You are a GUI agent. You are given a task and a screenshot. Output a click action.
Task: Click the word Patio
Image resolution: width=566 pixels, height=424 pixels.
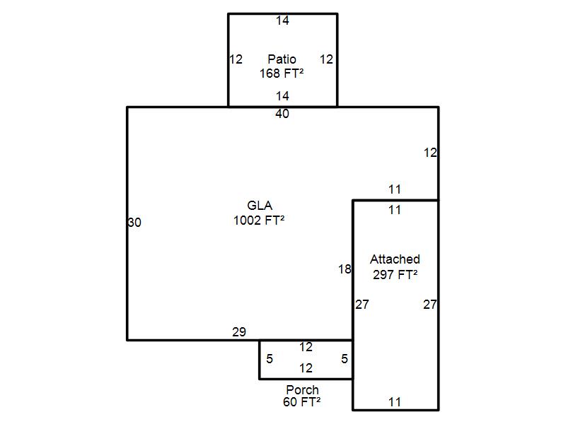(282, 59)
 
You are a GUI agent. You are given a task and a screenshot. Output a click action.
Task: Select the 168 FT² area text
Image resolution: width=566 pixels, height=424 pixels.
(282, 73)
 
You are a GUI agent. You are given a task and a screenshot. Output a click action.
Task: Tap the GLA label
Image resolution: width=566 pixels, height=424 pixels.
(260, 206)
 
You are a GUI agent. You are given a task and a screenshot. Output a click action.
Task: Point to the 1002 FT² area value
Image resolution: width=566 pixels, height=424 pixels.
(259, 220)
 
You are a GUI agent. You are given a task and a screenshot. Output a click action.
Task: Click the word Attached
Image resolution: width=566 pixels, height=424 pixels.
(395, 259)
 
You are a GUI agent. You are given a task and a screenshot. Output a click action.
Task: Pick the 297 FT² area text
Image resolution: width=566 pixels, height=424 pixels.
(395, 274)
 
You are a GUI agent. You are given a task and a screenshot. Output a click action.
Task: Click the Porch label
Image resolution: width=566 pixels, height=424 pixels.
(303, 390)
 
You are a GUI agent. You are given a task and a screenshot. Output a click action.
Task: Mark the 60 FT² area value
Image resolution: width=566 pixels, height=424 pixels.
(302, 401)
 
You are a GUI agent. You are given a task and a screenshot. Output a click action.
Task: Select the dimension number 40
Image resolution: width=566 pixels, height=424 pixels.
(282, 114)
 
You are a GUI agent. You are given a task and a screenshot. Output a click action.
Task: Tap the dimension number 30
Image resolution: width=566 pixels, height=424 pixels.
(134, 223)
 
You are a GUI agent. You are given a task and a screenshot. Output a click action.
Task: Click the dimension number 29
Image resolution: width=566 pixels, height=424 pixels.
(239, 332)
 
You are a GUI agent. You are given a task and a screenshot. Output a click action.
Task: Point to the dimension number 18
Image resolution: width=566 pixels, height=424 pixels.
(345, 269)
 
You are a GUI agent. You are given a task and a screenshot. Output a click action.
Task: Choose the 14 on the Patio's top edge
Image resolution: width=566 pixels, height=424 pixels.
(282, 20)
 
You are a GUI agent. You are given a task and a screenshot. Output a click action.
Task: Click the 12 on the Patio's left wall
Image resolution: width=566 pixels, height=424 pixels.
(236, 59)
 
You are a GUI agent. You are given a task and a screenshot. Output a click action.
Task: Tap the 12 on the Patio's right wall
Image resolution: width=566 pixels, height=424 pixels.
(326, 59)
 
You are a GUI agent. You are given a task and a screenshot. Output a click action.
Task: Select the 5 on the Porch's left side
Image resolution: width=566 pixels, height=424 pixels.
(270, 359)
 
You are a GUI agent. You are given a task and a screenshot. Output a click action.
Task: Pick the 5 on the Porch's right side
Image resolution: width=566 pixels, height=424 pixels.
(345, 359)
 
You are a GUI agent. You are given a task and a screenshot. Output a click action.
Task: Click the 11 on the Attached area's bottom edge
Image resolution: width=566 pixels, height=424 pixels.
(395, 402)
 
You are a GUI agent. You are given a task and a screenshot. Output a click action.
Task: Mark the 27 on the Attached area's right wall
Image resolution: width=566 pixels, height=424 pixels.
(430, 305)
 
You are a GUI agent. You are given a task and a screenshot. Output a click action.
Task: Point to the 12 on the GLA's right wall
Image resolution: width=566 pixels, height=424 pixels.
(430, 153)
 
